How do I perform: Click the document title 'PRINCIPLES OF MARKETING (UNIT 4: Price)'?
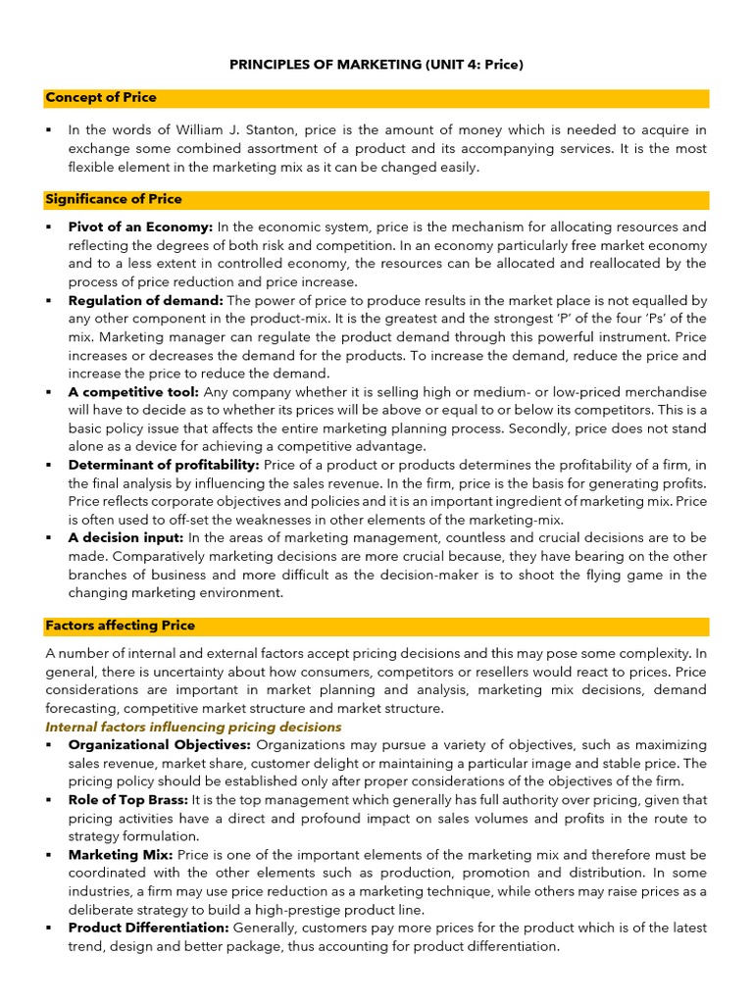point(376,65)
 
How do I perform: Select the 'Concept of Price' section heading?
point(101,98)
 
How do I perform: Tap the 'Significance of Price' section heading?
point(114,199)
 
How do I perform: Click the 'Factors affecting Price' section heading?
point(120,626)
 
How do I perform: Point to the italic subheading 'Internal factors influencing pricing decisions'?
point(193,727)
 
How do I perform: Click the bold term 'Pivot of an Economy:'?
point(140,226)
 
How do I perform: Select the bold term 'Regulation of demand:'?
point(146,301)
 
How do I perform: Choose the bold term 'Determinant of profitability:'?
point(164,466)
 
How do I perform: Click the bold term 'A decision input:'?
point(125,538)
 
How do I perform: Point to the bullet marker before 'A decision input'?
point(48,538)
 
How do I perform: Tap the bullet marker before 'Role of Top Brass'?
point(48,800)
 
